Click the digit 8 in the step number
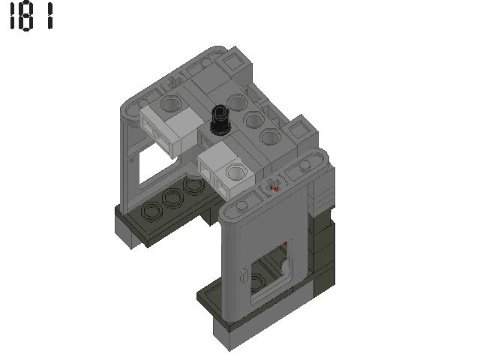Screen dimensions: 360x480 pyautogui.click(x=29, y=16)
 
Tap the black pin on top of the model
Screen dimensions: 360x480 pyautogui.click(x=220, y=120)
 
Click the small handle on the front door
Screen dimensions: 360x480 pyautogui.click(x=243, y=275)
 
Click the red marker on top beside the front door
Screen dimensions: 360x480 pyautogui.click(x=275, y=187)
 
